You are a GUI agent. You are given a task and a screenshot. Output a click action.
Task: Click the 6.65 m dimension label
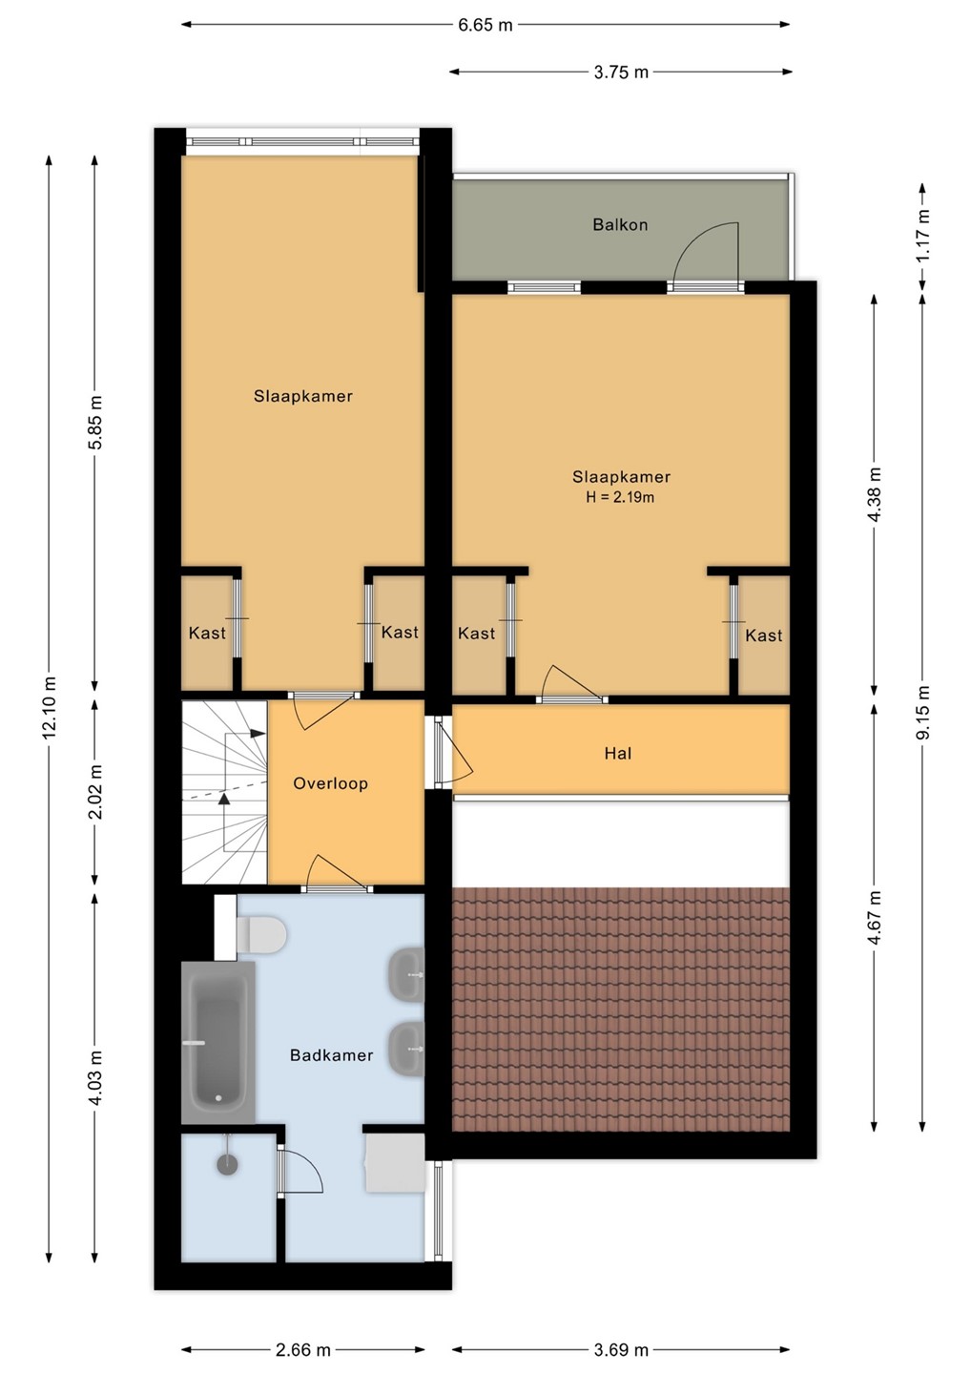485,25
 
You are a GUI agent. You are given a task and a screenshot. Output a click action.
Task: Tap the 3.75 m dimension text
621,73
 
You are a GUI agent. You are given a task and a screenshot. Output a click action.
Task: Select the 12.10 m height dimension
50,707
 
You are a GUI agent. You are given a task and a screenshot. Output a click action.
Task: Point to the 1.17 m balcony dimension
923,235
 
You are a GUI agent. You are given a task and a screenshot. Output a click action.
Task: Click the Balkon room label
620,224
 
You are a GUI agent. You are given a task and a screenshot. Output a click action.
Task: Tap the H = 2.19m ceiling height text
620,497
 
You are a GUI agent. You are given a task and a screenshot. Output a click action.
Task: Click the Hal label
618,753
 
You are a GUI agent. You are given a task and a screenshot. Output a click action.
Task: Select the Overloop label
330,783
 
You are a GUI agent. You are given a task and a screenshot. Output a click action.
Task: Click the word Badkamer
332,1055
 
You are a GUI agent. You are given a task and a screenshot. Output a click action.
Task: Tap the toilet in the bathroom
260,935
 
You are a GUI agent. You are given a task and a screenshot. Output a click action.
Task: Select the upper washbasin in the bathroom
405,975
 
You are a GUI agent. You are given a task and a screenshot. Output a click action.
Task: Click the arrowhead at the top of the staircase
258,733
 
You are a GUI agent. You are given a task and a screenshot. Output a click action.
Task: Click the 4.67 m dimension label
875,918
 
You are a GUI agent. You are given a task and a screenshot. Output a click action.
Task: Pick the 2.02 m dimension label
95,792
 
